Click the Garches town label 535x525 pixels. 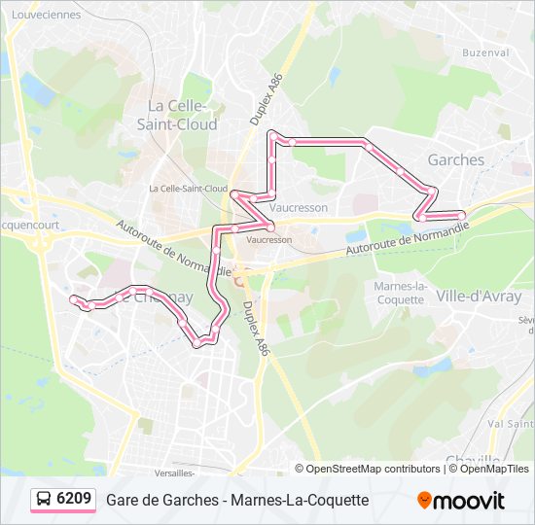click(x=455, y=159)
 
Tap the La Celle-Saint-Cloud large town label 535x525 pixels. click(x=182, y=115)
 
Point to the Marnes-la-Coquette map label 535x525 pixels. click(x=401, y=293)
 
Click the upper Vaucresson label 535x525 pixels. click(x=298, y=207)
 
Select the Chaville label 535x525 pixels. click(x=473, y=460)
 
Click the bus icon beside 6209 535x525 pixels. click(x=44, y=500)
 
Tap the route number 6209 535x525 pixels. click(x=74, y=500)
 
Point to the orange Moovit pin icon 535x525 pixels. click(x=424, y=501)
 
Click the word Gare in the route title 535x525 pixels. click(x=122, y=500)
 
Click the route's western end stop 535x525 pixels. click(x=74, y=299)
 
